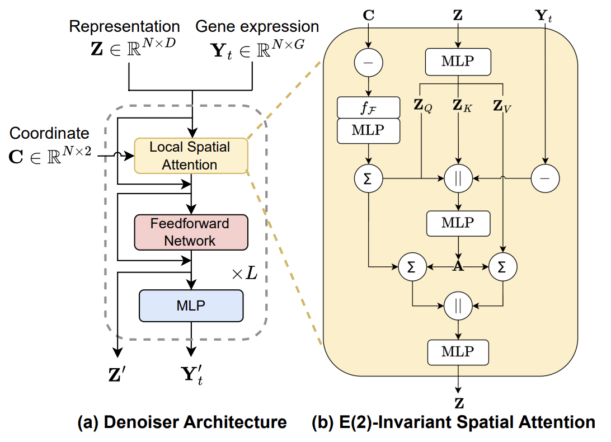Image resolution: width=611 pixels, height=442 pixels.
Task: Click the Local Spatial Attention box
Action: (x=190, y=156)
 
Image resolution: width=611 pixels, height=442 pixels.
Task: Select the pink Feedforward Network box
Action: (x=190, y=232)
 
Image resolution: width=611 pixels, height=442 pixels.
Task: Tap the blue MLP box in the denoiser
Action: (x=191, y=305)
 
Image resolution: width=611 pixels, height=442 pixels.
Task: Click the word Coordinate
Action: (x=49, y=133)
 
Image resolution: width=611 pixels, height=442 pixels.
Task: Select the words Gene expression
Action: (x=257, y=26)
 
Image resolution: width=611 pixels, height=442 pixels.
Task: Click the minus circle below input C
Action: (x=368, y=63)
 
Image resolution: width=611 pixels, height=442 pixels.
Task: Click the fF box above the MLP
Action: (x=368, y=107)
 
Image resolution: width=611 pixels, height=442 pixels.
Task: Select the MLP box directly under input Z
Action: (x=458, y=62)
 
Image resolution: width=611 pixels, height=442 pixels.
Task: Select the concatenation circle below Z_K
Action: (x=458, y=178)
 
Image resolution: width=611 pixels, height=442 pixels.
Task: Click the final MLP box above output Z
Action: (x=458, y=352)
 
